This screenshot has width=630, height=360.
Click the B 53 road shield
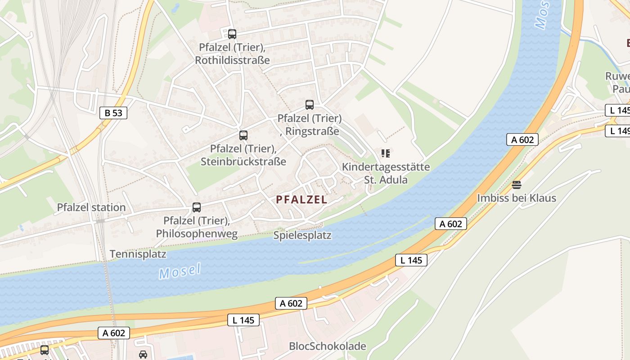(x=113, y=112)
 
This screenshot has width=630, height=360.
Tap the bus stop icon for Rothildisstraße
(x=232, y=34)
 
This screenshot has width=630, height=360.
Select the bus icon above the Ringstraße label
(x=310, y=105)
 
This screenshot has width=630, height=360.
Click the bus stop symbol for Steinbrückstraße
(x=243, y=135)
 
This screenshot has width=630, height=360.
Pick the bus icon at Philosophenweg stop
(x=197, y=207)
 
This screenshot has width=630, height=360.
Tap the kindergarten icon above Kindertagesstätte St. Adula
(x=385, y=153)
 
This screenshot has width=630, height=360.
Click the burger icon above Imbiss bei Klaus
(x=516, y=184)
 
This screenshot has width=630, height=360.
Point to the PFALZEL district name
(x=301, y=200)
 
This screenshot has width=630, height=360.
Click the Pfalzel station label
(x=91, y=207)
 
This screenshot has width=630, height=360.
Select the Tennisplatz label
(x=138, y=254)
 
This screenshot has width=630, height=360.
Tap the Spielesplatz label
(x=302, y=235)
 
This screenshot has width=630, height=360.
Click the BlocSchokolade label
(x=328, y=346)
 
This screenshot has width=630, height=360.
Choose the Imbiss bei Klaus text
(x=517, y=198)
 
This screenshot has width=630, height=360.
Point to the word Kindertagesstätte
(x=386, y=167)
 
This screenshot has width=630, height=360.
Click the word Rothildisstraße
(x=232, y=60)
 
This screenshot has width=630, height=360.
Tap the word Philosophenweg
(x=197, y=234)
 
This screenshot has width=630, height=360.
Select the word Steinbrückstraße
(x=243, y=161)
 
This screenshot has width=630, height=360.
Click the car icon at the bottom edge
(x=143, y=354)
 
